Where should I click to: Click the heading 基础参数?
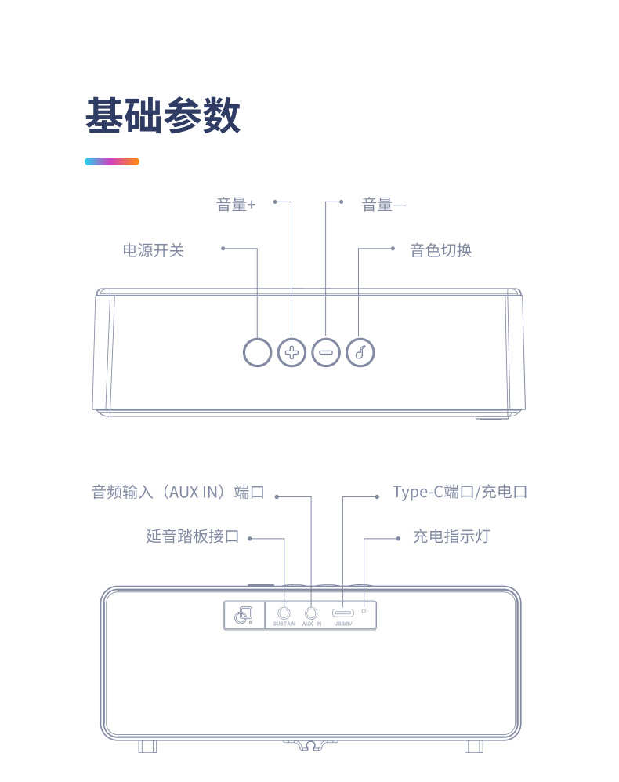[x=163, y=116]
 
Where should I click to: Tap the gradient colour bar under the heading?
[x=112, y=162]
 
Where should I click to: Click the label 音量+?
[x=236, y=205]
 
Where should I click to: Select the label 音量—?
[x=384, y=205]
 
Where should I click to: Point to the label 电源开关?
[x=154, y=250]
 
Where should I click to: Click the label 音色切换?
[x=441, y=250]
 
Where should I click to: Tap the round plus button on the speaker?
[x=291, y=352]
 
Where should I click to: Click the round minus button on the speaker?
[x=326, y=352]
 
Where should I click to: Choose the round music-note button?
[x=360, y=352]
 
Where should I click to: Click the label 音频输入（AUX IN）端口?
[x=178, y=493]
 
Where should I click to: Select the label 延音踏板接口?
[x=193, y=536]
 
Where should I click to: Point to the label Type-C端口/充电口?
[x=460, y=493]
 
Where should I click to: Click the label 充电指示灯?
[x=451, y=536]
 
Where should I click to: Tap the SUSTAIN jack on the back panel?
[x=284, y=613]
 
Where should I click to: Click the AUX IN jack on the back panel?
[x=312, y=613]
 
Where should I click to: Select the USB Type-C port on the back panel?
[x=342, y=613]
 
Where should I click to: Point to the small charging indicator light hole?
[x=364, y=610]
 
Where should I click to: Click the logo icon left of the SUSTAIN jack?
[x=243, y=616]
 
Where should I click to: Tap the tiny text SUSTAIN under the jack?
[x=284, y=624]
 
